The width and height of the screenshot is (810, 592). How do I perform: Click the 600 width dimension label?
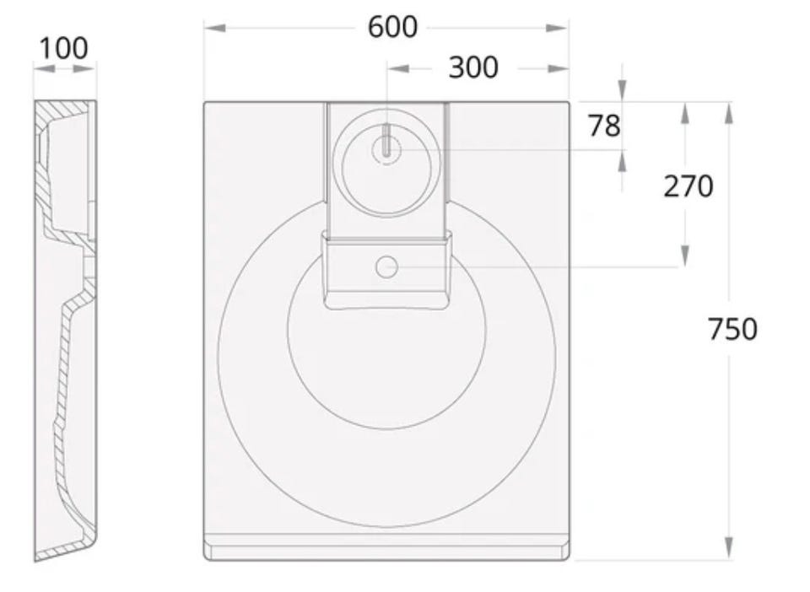392,27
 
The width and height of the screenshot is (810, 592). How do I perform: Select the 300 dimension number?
473,67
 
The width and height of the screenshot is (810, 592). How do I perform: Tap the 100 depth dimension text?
63,49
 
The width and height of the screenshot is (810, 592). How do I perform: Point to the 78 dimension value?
604,126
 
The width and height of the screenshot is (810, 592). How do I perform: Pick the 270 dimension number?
688,186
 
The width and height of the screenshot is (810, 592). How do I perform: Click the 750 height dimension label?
732,329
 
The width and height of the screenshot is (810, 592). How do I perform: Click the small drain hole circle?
386,267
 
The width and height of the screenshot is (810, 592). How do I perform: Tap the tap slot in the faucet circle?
386,140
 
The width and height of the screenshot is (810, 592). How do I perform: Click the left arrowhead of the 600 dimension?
215,28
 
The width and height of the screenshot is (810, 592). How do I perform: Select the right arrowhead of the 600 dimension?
558,28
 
